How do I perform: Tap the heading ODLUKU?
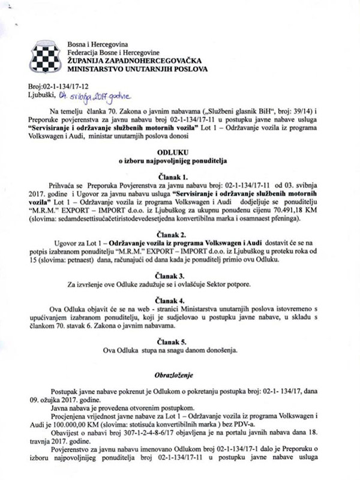(179, 152)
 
